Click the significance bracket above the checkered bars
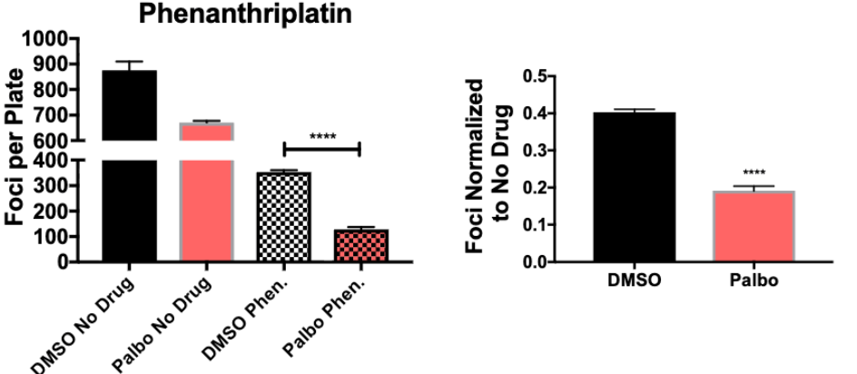(322, 146)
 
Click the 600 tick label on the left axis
(51, 141)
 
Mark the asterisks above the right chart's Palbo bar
(756, 172)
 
